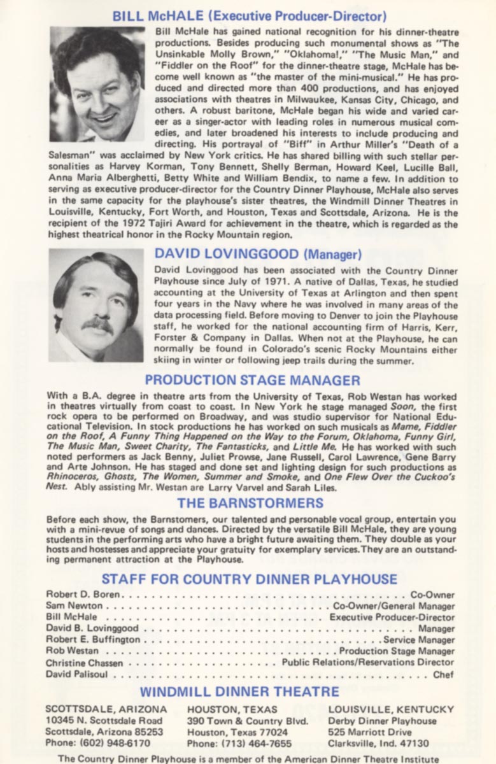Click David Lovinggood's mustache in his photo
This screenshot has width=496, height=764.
coord(97,324)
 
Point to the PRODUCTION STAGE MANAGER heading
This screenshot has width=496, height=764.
coord(252,380)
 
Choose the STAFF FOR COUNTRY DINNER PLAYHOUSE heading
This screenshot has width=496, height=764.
coord(249,579)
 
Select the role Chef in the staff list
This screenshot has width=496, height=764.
coord(443,674)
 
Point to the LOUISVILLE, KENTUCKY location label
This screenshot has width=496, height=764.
coord(391,709)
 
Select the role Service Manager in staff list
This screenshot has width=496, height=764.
coord(419,640)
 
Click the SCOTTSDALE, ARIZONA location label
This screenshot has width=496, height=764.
coord(106,709)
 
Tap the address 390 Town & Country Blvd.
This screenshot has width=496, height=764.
coord(248,721)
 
